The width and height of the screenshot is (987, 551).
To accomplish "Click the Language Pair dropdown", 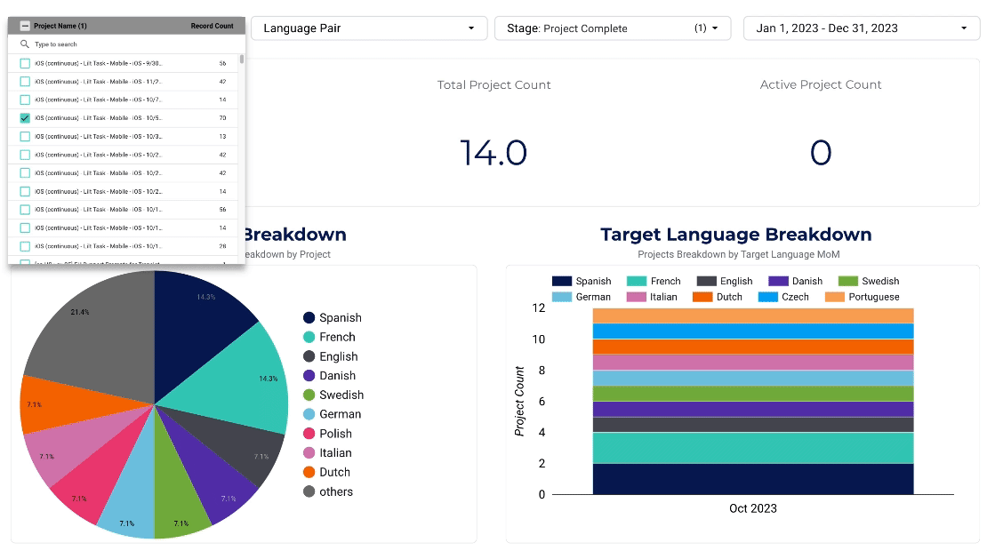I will [x=369, y=28].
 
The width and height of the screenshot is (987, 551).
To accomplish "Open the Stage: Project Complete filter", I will [x=613, y=28].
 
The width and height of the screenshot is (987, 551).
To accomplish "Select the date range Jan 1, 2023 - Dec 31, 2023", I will [x=862, y=28].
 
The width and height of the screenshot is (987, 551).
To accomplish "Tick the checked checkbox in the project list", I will [x=25, y=118].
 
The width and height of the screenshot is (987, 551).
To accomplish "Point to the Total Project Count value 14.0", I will [x=493, y=153].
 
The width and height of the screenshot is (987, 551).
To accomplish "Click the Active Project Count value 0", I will [x=820, y=153].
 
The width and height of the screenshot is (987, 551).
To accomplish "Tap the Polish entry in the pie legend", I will [x=335, y=434].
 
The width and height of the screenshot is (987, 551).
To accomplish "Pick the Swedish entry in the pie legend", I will [x=341, y=395].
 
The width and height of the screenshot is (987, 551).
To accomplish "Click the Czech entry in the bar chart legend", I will [x=795, y=297].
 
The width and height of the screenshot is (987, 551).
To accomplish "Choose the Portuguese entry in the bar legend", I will [x=873, y=297].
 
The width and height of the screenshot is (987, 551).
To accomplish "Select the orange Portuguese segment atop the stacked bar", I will [x=752, y=315].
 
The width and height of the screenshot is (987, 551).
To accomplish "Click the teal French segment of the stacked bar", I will [x=752, y=448].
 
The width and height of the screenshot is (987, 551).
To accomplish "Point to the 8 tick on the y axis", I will [x=539, y=371].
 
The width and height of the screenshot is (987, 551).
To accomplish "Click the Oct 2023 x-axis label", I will [x=752, y=509].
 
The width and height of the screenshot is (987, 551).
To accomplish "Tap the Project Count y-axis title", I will [x=520, y=401].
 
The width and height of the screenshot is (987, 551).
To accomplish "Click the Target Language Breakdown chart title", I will [x=735, y=235].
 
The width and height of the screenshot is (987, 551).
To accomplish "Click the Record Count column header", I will [x=213, y=26].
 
